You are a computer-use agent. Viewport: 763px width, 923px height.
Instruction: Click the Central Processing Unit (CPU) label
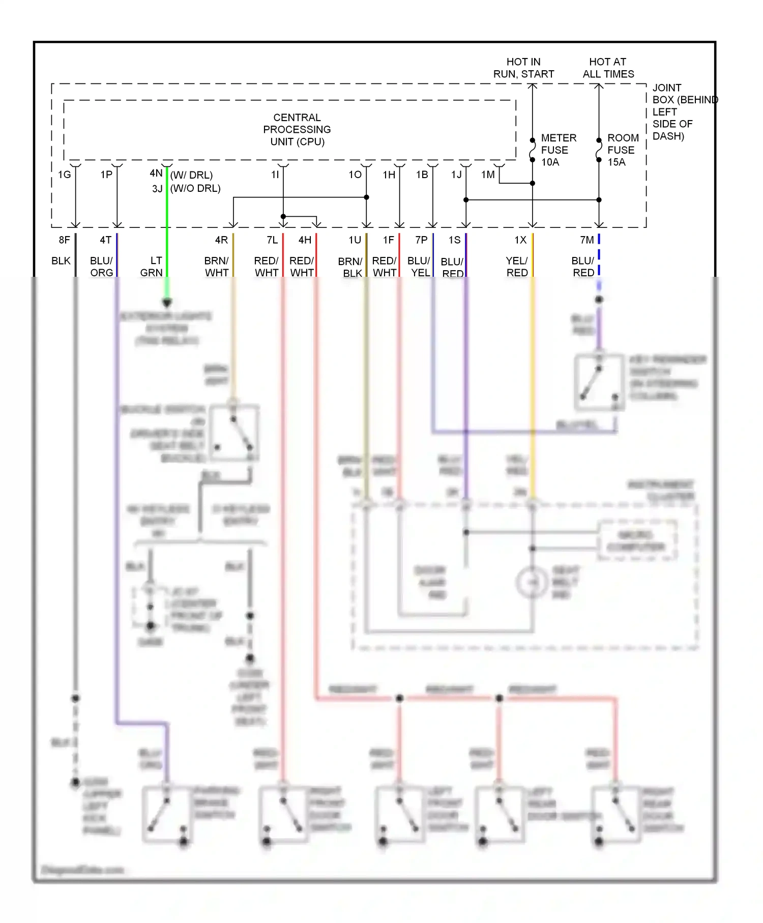click(x=297, y=130)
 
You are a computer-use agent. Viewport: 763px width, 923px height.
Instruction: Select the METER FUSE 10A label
click(x=558, y=150)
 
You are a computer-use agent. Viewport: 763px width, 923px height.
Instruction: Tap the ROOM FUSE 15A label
click(x=623, y=150)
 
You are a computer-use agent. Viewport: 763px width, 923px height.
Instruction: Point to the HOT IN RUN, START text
click(x=523, y=68)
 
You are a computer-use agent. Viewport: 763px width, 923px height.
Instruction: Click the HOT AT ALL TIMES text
click(x=608, y=68)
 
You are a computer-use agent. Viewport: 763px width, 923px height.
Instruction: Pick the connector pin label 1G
click(x=64, y=175)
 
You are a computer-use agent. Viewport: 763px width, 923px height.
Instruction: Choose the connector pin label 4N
click(x=156, y=174)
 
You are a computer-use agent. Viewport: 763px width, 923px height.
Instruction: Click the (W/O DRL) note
click(x=195, y=189)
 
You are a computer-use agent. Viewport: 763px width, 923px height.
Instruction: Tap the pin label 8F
click(x=64, y=240)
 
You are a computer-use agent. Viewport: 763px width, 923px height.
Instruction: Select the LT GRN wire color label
click(x=152, y=267)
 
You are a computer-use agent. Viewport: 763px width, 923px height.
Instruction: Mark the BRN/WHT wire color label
click(x=217, y=267)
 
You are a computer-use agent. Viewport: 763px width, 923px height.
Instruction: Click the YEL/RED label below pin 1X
click(x=517, y=267)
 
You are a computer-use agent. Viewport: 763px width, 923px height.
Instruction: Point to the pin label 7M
click(x=586, y=240)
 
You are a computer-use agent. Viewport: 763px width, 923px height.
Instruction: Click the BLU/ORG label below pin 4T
click(x=101, y=267)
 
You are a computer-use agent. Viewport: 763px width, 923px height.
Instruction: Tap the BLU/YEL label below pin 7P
click(x=419, y=267)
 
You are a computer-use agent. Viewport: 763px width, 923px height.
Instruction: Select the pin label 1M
click(x=488, y=175)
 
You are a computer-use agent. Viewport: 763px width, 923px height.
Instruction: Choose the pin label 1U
click(x=355, y=240)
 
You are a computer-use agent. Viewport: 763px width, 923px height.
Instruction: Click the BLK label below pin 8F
click(x=61, y=261)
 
